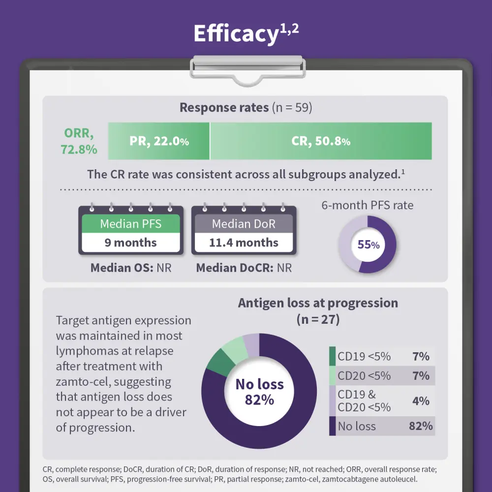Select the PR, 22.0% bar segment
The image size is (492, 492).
[159, 141]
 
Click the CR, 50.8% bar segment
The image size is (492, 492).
[321, 141]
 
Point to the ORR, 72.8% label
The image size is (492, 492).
[79, 141]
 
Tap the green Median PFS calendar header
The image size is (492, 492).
[131, 224]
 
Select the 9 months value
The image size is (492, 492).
[131, 243]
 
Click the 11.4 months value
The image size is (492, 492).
[244, 243]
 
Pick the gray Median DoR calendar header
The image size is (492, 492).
[244, 224]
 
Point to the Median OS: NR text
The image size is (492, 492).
[131, 268]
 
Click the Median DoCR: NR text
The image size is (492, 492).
[244, 268]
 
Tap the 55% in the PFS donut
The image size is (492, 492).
[368, 245]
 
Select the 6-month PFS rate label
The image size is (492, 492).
[368, 205]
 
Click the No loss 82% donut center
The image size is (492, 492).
[259, 392]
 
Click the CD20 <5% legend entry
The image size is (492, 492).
[364, 376]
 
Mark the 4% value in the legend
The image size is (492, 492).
[421, 400]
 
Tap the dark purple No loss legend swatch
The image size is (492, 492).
[332, 426]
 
